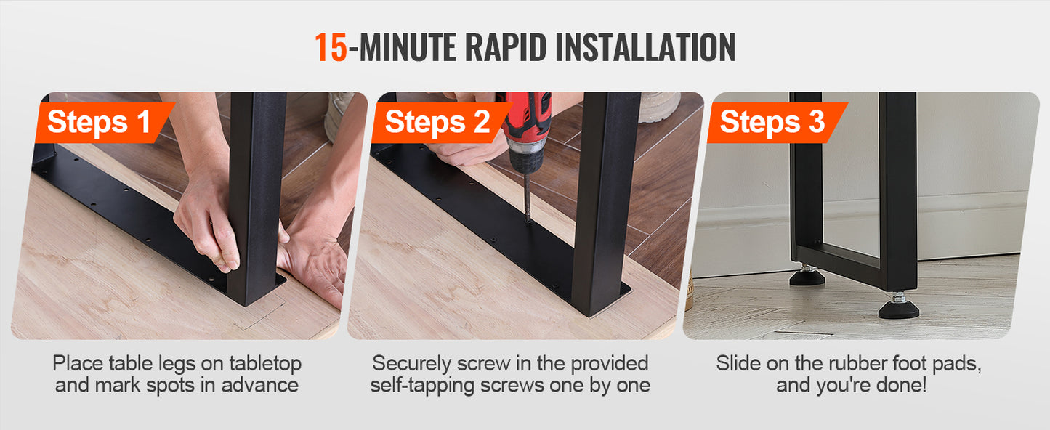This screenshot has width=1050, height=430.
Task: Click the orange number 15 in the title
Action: (x=331, y=47)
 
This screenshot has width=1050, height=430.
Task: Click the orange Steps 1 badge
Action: (x=105, y=122)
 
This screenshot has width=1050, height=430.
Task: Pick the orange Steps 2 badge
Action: (x=440, y=122)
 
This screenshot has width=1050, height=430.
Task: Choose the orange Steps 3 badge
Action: (x=777, y=122)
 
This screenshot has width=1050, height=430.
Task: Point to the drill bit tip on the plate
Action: (x=528, y=219)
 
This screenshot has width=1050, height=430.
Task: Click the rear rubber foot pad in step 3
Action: (x=807, y=276)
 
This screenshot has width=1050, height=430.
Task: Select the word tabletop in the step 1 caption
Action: (x=265, y=364)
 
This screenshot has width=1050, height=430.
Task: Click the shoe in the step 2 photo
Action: (x=660, y=106)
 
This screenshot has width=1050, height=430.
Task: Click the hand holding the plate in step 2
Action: (x=467, y=149)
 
